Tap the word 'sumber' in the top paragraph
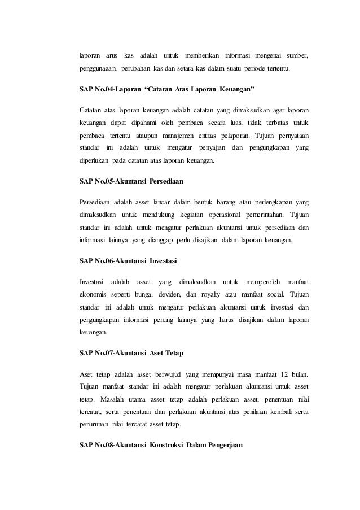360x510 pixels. click(x=297, y=55)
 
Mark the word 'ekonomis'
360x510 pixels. click(x=93, y=294)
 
